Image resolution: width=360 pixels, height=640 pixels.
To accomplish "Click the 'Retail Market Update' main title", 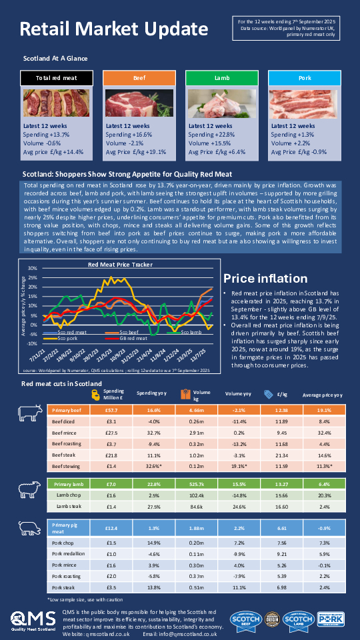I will click(113, 29).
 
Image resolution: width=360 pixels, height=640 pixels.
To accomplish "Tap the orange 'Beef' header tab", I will click(139, 78).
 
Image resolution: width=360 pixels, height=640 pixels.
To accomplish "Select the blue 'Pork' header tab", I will click(305, 78).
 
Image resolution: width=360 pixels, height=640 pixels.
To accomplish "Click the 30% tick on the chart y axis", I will click(31, 268).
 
